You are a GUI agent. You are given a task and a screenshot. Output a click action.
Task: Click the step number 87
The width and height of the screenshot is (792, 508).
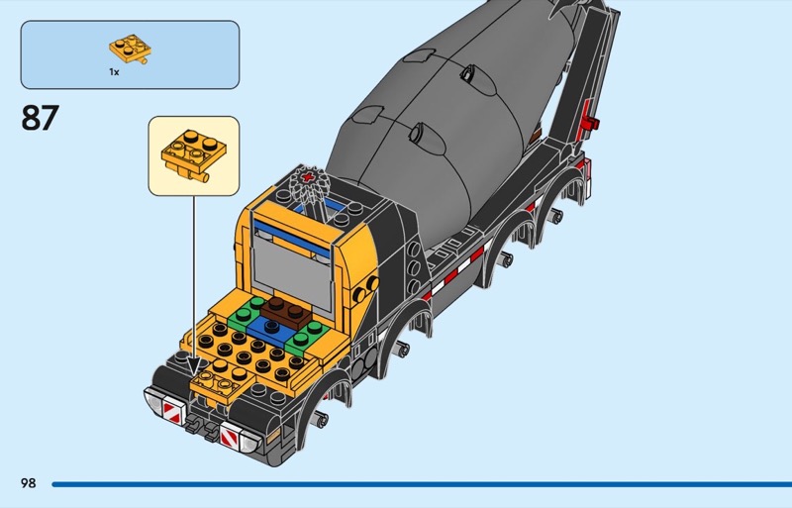(x=40, y=118)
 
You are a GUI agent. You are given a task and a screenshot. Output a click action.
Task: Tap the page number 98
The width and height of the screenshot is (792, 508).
(x=28, y=483)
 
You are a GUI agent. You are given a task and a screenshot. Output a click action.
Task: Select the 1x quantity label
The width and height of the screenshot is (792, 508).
(x=114, y=72)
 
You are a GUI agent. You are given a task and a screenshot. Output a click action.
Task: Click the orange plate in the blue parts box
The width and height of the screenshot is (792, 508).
(x=126, y=49)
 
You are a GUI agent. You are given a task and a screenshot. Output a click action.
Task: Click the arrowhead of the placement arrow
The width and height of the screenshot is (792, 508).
(x=193, y=368)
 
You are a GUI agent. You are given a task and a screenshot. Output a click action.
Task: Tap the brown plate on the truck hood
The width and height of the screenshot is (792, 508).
(x=286, y=309)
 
